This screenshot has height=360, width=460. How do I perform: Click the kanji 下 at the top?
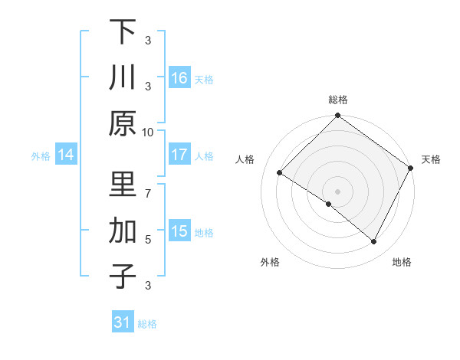(123, 32)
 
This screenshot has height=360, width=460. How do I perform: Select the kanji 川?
(123, 77)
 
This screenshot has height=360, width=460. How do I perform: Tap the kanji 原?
(123, 123)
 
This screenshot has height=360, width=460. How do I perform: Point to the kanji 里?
(123, 185)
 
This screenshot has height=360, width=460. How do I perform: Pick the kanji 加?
(123, 230)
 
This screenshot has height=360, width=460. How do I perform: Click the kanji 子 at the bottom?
(123, 275)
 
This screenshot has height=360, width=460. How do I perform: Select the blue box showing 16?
(179, 78)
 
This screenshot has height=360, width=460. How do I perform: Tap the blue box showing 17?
(179, 155)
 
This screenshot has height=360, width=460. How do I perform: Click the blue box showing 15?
(179, 231)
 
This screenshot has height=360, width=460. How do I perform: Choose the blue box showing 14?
(66, 155)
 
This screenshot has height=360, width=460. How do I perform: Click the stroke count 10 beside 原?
(147, 131)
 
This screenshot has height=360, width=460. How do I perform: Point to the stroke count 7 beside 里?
(147, 185)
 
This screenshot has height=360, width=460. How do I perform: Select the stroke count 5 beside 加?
(147, 239)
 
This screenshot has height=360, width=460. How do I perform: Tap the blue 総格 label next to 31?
(147, 324)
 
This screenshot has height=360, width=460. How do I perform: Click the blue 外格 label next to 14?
(41, 156)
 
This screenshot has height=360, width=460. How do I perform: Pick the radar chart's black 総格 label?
(337, 100)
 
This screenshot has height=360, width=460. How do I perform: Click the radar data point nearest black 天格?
(411, 169)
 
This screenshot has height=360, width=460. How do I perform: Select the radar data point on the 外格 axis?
(328, 204)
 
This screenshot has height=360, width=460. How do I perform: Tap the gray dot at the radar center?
(337, 191)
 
